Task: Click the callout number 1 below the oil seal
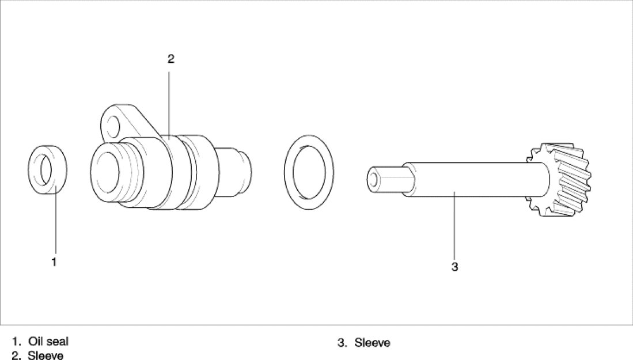pyautogui.click(x=54, y=262)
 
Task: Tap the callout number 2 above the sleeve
pyautogui.click(x=170, y=59)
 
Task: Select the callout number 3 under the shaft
pyautogui.click(x=454, y=267)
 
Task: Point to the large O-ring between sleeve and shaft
pyautogui.click(x=289, y=172)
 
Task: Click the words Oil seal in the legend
pyautogui.click(x=48, y=341)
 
